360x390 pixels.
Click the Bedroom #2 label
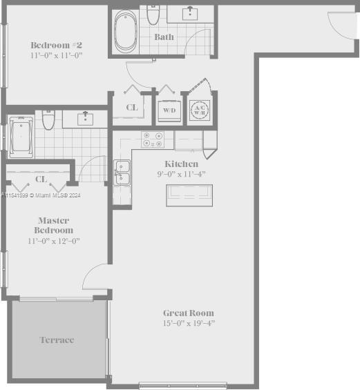click(56, 43)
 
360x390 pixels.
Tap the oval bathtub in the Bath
click(126, 31)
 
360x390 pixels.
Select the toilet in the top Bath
click(153, 14)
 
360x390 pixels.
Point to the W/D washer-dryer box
click(169, 110)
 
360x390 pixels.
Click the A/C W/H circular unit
click(200, 110)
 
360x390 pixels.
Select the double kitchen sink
click(123, 173)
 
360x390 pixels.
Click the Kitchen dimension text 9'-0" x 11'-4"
click(181, 175)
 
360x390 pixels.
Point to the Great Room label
click(188, 313)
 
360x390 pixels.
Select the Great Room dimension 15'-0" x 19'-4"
click(188, 323)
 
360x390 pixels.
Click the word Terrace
click(57, 340)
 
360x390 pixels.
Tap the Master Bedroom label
click(55, 225)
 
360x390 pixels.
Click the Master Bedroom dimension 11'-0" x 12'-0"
click(55, 241)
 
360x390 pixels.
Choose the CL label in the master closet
click(41, 179)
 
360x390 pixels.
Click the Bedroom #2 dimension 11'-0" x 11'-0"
click(56, 55)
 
